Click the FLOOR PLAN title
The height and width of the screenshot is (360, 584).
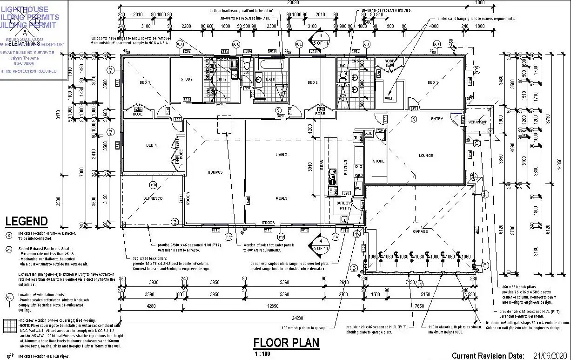[286, 343]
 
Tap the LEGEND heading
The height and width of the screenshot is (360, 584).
[27, 221]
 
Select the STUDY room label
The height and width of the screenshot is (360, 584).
[187, 79]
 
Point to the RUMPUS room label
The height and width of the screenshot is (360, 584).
[215, 172]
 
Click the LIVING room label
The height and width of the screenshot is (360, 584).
[282, 155]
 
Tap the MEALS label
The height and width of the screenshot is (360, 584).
[282, 198]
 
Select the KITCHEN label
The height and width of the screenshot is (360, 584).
[345, 167]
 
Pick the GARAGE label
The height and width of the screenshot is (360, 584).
[420, 231]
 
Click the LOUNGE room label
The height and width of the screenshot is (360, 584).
[426, 156]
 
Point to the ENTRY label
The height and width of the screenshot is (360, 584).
[437, 119]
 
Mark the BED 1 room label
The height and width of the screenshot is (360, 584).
[433, 82]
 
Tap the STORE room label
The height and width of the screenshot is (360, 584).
[379, 161]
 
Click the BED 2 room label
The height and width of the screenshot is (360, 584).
[313, 82]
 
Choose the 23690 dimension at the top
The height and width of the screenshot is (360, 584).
[294, 2]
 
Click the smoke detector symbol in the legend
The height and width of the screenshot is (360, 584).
[9, 234]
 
